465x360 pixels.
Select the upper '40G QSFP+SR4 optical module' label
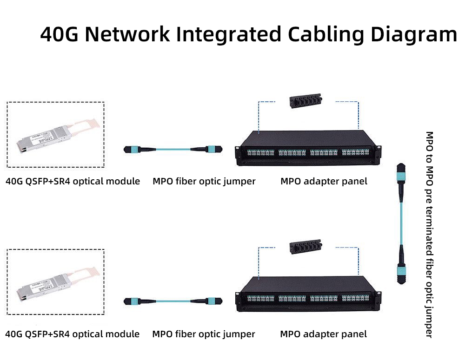pyautogui.click(x=73, y=181)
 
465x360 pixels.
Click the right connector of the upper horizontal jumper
pyautogui.click(x=210, y=150)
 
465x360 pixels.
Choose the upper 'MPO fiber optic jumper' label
pyautogui.click(x=204, y=181)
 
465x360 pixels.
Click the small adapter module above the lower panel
pyautogui.click(x=305, y=249)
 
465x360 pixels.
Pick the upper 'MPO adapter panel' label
pyautogui.click(x=324, y=181)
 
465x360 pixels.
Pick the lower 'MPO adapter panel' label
pyautogui.click(x=323, y=334)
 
